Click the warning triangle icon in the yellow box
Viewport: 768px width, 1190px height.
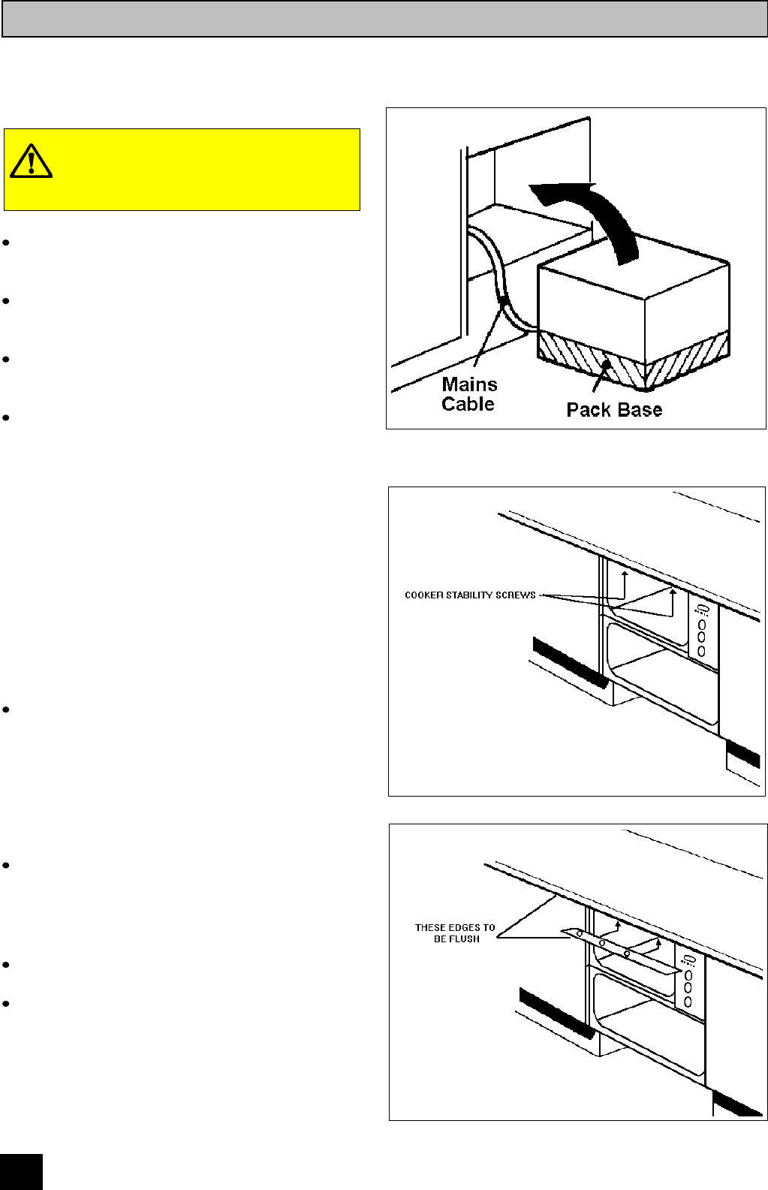[x=31, y=161]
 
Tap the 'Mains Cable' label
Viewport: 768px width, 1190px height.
[x=468, y=394]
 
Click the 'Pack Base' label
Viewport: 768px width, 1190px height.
[x=614, y=410]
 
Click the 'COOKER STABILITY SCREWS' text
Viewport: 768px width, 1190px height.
[x=470, y=595]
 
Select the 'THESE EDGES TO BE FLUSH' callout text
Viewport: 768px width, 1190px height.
[x=455, y=933]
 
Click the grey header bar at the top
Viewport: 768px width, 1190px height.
[x=384, y=19]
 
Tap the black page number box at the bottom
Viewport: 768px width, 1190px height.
[x=21, y=1172]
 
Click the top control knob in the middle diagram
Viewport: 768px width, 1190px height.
[x=702, y=624]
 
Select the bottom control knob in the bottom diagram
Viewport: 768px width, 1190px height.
[x=688, y=1002]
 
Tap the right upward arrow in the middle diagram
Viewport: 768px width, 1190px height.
[x=673, y=592]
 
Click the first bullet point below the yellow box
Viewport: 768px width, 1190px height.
[x=6, y=243]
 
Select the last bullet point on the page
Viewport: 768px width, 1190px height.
[x=6, y=1003]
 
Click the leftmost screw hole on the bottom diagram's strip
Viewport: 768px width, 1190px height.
[x=580, y=933]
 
